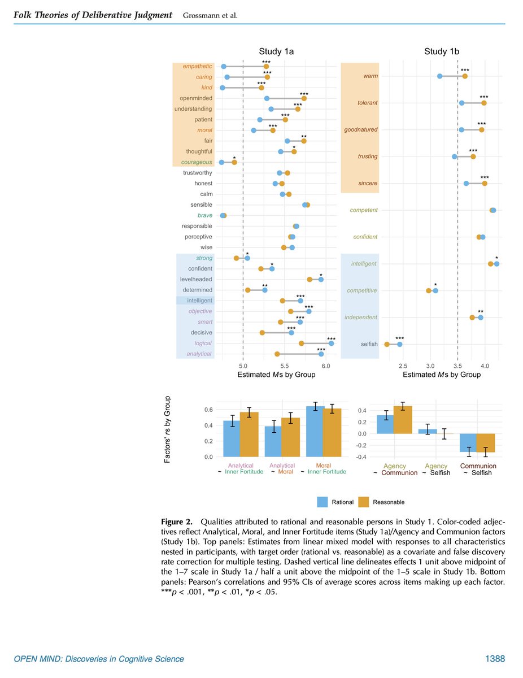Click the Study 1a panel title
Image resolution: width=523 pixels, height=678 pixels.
276,52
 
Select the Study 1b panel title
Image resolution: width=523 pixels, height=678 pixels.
441,52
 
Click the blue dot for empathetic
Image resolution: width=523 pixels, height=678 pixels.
224,67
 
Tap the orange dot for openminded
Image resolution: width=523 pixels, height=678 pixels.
304,98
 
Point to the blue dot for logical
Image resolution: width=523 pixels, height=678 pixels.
331,344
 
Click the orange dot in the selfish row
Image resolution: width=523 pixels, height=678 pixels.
387,344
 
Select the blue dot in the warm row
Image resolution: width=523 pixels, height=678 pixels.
439,76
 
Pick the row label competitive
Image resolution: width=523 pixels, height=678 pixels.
361,290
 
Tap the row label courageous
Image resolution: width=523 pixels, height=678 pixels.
197,162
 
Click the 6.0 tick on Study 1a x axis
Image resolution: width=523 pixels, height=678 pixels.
326,365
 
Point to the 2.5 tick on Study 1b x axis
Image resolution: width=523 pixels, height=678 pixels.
403,365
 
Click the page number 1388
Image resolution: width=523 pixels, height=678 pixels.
495,659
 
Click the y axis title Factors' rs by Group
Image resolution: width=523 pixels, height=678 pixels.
167,430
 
